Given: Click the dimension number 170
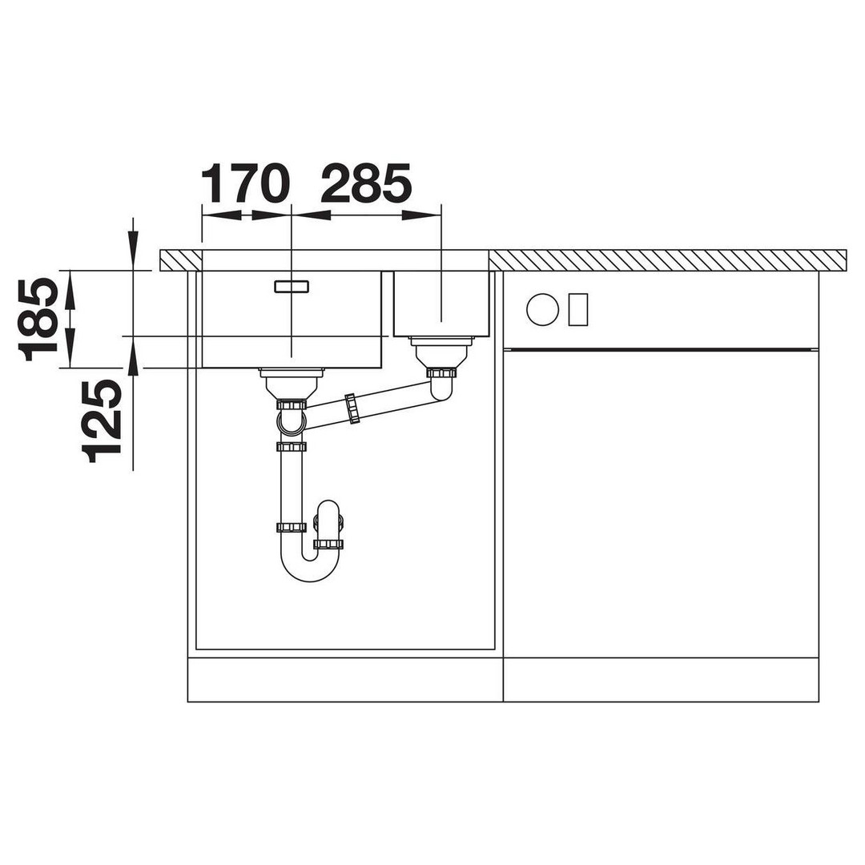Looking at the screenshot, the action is point(245,183).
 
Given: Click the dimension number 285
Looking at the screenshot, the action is point(366,183).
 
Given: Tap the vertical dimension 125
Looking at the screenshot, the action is point(102,421).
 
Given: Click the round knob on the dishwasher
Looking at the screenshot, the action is point(543,309).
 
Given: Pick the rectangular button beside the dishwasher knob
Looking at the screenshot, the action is point(578,309).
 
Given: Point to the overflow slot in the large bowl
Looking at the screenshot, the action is point(292,286).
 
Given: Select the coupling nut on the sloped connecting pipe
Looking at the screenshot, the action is point(352,408).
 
